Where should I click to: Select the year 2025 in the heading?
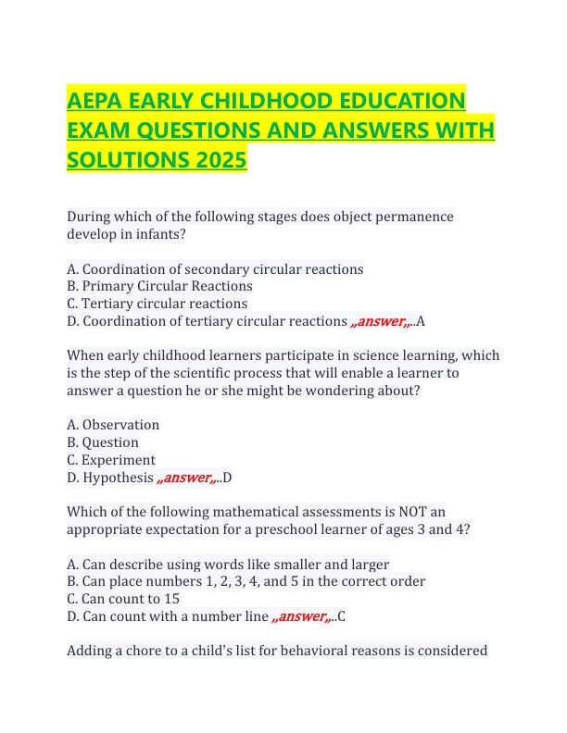(x=221, y=161)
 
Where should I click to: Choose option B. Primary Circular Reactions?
(x=159, y=286)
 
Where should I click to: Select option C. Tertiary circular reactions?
(x=157, y=304)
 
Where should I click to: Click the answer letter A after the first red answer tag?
(x=422, y=321)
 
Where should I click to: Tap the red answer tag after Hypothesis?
(x=188, y=478)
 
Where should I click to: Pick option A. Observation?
(x=113, y=425)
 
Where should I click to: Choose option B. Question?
(x=103, y=442)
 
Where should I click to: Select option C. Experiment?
(x=111, y=460)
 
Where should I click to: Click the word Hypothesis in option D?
(x=118, y=478)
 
